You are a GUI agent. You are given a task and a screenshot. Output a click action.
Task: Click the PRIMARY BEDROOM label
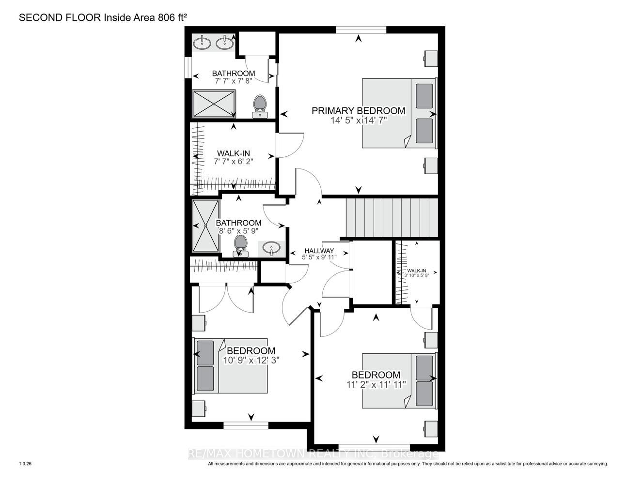(x=359, y=111)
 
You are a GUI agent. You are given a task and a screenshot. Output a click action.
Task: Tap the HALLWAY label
(x=319, y=251)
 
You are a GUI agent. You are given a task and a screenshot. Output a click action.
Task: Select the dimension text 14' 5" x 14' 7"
(x=359, y=120)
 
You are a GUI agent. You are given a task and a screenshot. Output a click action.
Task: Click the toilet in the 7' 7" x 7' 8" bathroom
(x=260, y=106)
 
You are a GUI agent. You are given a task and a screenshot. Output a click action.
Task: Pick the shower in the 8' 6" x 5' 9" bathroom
(x=206, y=226)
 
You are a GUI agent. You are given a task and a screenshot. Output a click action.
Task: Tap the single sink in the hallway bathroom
(x=271, y=248)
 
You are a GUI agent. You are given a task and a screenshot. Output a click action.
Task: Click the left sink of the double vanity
(x=202, y=44)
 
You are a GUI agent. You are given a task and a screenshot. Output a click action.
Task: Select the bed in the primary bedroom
(x=399, y=113)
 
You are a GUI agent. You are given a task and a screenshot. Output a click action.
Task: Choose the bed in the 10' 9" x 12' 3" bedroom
(x=231, y=365)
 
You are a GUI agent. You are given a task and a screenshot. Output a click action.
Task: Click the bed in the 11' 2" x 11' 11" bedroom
(x=399, y=380)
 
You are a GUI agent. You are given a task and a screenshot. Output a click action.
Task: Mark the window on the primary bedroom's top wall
(x=361, y=30)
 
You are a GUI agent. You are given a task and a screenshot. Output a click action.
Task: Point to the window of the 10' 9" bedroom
(x=246, y=426)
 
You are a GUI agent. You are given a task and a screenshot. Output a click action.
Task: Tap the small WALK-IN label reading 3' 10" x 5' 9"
(x=416, y=273)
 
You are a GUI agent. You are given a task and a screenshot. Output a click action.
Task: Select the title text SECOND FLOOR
(x=60, y=18)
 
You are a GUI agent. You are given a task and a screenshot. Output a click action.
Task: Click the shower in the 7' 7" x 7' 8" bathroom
(x=214, y=104)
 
